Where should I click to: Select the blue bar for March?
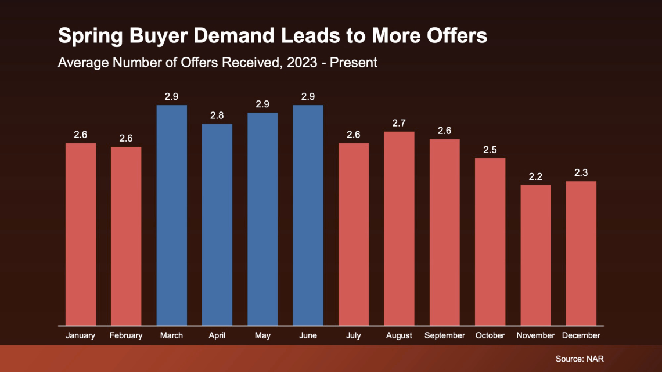[171, 215]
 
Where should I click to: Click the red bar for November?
[535, 255]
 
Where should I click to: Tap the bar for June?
[308, 215]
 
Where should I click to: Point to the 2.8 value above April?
[217, 115]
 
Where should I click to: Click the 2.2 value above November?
[535, 176]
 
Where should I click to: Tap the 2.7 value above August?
[399, 123]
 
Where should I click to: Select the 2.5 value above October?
[490, 150]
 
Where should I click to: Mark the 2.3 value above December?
[581, 172]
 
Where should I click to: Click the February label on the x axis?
[126, 335]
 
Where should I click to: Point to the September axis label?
[445, 335]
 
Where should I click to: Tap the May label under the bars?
[262, 335]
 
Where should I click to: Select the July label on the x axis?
[354, 335]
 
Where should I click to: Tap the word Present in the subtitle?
[354, 62]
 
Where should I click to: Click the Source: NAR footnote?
[580, 359]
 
